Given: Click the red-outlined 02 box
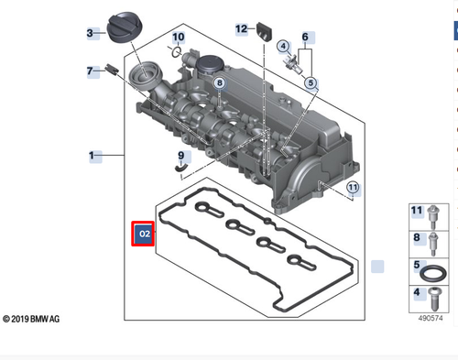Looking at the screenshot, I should tap(144, 235).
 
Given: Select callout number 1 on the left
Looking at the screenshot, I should tap(92, 157).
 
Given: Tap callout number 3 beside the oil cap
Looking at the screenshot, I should tap(92, 34).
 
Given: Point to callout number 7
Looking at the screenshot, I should tap(92, 71).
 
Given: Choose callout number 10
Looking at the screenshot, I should tap(178, 38).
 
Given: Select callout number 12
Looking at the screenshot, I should tap(241, 28).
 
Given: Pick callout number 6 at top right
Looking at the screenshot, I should tap(308, 38).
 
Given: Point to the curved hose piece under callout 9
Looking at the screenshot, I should tap(181, 169).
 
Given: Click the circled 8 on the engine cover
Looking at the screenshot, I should tap(219, 83).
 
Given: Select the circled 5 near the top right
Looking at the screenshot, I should tap(311, 82).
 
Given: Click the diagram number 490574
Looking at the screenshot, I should tap(430, 318).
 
